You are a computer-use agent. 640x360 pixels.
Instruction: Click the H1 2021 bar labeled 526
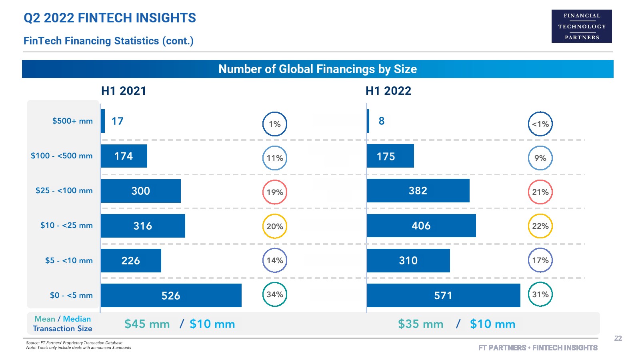coord(171,296)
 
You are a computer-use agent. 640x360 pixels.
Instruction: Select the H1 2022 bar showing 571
coord(443,296)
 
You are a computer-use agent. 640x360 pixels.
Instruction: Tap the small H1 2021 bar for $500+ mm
coord(103,121)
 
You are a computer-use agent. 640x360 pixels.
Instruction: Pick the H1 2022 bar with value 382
coord(418,191)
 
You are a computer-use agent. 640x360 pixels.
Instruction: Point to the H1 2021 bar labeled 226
coord(131,261)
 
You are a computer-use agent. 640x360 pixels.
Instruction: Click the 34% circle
coord(275,294)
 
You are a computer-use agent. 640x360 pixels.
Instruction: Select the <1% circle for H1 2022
coord(540,124)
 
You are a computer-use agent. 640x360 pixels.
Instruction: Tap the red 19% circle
coord(275,192)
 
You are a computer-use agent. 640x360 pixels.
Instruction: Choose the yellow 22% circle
coord(540,226)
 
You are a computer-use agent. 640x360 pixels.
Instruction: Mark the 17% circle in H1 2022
coord(540,260)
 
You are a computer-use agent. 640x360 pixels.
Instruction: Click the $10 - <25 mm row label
coord(66,226)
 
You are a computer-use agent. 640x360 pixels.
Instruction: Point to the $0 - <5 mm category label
coord(71,296)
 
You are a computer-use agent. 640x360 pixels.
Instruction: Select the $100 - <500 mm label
coord(62,156)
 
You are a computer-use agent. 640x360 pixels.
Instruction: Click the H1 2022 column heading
coord(388,91)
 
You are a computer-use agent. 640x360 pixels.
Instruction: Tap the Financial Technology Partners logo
coord(582,26)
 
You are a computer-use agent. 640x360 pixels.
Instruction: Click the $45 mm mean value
coord(147,324)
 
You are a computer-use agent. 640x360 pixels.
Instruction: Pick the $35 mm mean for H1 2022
coord(420,324)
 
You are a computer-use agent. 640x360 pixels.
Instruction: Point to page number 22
coord(618,338)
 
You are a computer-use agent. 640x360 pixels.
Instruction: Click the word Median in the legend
coord(77,319)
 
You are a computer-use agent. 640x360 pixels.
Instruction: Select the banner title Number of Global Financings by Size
coord(318,69)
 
